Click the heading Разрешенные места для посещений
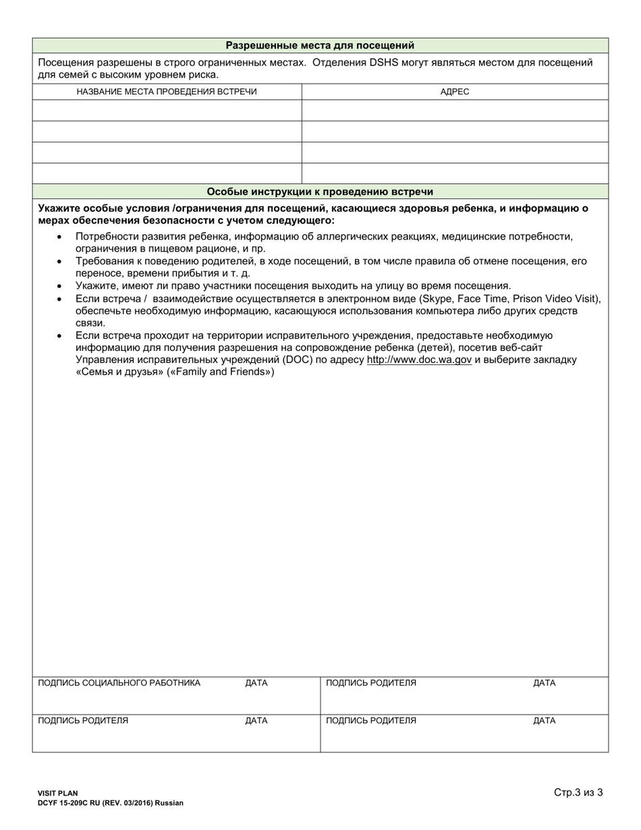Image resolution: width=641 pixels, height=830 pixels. (320, 45)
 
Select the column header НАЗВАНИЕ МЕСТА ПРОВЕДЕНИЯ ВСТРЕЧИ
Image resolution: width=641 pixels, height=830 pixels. (167, 91)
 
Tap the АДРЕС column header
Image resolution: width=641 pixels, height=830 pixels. (455, 91)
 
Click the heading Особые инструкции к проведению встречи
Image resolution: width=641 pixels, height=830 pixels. (320, 192)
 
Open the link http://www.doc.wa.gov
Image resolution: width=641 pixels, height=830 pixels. (419, 360)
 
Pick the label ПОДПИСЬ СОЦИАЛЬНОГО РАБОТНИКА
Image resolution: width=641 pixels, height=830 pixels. (119, 683)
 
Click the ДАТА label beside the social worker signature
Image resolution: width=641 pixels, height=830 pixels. (256, 683)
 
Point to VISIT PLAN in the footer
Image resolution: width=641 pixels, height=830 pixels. (58, 794)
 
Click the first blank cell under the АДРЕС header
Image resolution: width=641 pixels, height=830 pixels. (455, 110)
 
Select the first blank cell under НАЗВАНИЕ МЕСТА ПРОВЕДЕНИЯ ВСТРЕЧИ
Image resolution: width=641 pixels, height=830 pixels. (167, 110)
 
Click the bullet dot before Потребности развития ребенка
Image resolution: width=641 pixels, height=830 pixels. (60, 237)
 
